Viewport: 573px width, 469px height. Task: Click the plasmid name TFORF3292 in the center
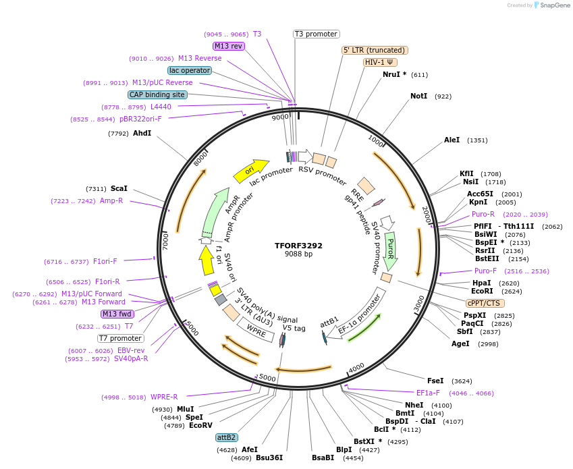(298, 246)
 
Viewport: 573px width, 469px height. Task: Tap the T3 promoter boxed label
(317, 34)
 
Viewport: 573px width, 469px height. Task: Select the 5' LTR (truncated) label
(375, 50)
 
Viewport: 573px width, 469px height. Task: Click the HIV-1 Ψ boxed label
(380, 62)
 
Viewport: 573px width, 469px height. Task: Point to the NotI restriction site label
(418, 96)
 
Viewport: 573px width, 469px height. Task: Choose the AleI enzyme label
(452, 140)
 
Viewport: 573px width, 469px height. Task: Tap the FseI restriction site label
(435, 381)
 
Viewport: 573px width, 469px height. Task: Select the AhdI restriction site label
(142, 134)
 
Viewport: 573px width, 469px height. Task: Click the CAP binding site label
(157, 95)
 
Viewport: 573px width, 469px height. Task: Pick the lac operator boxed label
(190, 70)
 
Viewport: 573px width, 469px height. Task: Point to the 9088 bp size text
(298, 254)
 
